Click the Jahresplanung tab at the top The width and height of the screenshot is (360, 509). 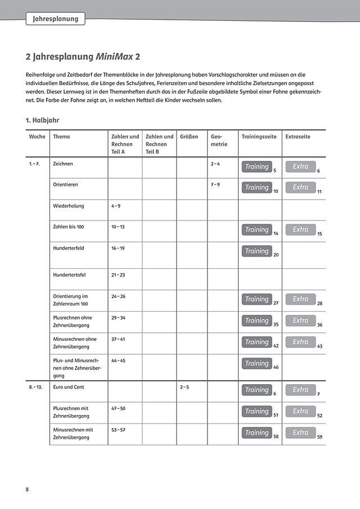click(x=56, y=19)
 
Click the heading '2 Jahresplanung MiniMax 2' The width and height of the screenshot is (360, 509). click(x=84, y=57)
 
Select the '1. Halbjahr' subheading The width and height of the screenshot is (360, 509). click(x=43, y=120)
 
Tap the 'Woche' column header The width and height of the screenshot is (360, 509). click(x=37, y=137)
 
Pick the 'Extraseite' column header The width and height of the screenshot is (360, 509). click(x=298, y=137)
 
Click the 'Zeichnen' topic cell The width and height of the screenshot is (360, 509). click(x=62, y=164)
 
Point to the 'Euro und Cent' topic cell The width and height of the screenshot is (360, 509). click(x=69, y=387)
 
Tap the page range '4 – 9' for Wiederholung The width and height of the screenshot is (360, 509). click(x=116, y=206)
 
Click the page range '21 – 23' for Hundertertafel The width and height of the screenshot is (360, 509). click(x=118, y=275)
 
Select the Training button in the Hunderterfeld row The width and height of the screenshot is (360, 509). click(x=256, y=251)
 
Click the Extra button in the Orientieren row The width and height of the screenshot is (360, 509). click(x=300, y=187)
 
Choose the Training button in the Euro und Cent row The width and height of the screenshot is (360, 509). click(x=256, y=390)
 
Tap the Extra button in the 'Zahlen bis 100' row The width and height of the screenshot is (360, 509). click(x=300, y=229)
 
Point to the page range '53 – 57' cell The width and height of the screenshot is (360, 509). click(x=118, y=430)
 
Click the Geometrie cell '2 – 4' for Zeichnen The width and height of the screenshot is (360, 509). click(x=215, y=164)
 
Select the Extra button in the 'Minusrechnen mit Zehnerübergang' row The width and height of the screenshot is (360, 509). click(x=300, y=433)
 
